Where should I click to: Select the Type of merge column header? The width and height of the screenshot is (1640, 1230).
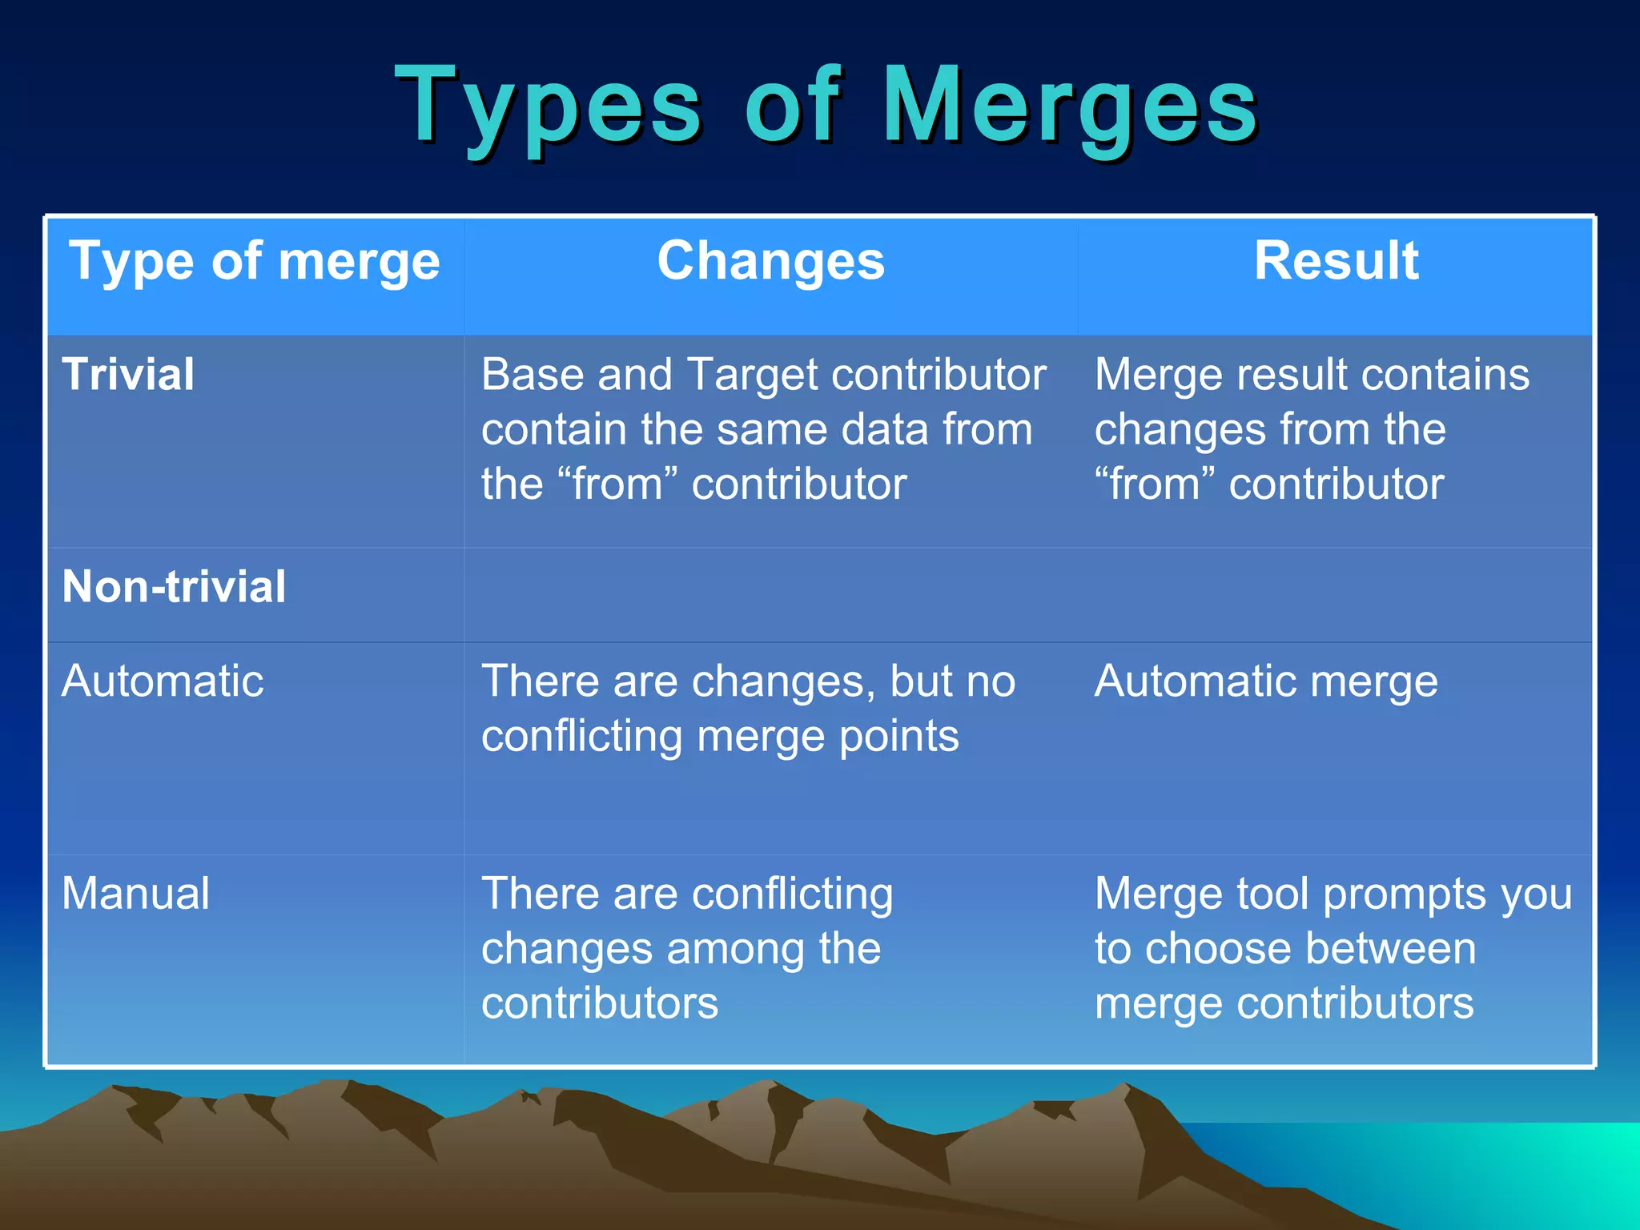tap(255, 261)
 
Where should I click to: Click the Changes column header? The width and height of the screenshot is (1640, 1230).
tap(770, 261)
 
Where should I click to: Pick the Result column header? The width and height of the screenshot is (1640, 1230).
tap(1336, 261)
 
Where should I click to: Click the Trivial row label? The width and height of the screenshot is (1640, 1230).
tap(128, 374)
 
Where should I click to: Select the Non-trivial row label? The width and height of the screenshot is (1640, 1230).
tap(174, 586)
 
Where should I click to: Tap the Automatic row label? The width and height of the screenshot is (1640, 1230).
tap(163, 681)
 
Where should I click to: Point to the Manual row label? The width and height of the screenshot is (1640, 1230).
tap(135, 894)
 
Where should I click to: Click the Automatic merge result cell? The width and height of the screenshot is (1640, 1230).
tap(1266, 681)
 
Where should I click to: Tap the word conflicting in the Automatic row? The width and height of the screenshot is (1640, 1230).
tap(581, 737)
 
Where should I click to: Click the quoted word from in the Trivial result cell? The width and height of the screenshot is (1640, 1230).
tap(1154, 484)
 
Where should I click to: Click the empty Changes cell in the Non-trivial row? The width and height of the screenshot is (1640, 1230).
tap(770, 595)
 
